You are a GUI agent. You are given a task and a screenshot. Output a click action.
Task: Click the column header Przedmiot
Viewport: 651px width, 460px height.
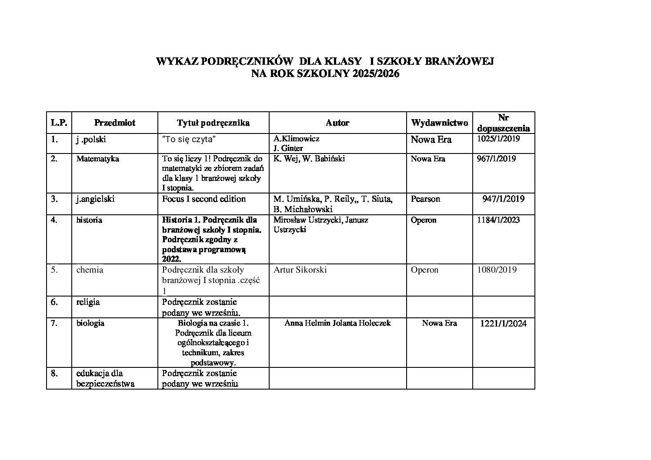114,123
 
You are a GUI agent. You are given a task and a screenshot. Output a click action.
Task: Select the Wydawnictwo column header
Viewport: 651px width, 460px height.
439,123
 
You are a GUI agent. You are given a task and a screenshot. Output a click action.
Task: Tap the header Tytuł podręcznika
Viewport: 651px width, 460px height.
213,123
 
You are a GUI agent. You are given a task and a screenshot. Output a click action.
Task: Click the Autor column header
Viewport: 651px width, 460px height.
337,123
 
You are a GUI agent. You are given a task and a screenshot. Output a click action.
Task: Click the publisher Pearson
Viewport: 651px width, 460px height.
425,199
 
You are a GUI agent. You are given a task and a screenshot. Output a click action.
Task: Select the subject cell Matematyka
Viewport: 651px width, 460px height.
97,159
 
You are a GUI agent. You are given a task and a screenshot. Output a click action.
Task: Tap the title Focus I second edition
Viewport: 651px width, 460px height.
204,199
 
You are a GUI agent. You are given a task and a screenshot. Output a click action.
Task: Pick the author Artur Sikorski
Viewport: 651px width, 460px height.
300,270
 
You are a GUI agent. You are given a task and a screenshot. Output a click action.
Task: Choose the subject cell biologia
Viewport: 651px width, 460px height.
90,323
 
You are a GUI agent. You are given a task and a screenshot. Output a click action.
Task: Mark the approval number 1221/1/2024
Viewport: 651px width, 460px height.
503,323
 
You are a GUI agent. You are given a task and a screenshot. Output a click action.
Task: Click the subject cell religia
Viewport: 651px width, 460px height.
88,302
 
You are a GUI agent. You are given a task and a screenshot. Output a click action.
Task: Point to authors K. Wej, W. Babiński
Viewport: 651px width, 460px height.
309,159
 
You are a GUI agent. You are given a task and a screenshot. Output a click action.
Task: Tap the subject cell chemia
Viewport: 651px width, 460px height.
90,270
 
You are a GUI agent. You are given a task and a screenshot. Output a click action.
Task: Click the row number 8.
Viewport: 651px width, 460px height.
54,373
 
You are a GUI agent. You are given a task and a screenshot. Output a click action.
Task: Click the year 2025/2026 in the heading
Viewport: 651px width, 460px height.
376,74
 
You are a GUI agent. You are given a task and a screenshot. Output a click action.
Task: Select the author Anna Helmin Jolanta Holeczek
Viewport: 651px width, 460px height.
337,323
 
